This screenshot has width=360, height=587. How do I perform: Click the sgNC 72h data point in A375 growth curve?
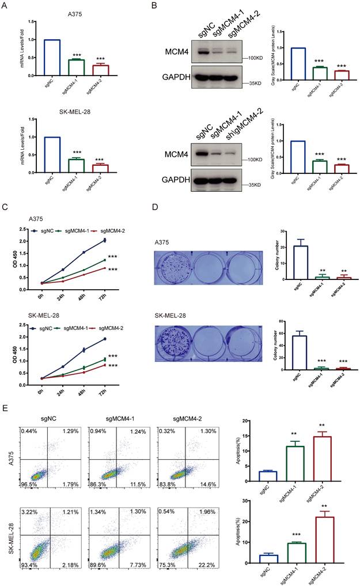pyautogui.click(x=104, y=240)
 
